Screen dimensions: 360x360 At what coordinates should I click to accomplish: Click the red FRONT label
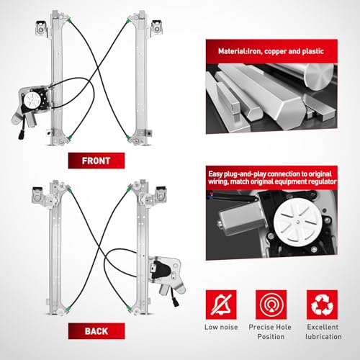coord(96,161)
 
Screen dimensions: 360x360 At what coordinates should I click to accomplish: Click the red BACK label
coord(96,331)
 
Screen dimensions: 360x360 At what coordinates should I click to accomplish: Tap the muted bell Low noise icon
coord(221,305)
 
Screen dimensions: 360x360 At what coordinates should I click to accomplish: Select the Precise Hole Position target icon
coord(271,305)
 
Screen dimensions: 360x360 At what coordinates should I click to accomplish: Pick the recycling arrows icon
coord(322,305)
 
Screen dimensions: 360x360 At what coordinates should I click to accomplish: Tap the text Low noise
coord(221,327)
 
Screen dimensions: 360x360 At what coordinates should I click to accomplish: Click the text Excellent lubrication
coord(323,332)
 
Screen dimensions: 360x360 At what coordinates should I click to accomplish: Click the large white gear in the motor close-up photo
coord(297,222)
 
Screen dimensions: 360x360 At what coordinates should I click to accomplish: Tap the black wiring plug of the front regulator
coord(21,135)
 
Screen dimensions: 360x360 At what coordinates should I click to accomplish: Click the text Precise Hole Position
coord(271,332)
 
